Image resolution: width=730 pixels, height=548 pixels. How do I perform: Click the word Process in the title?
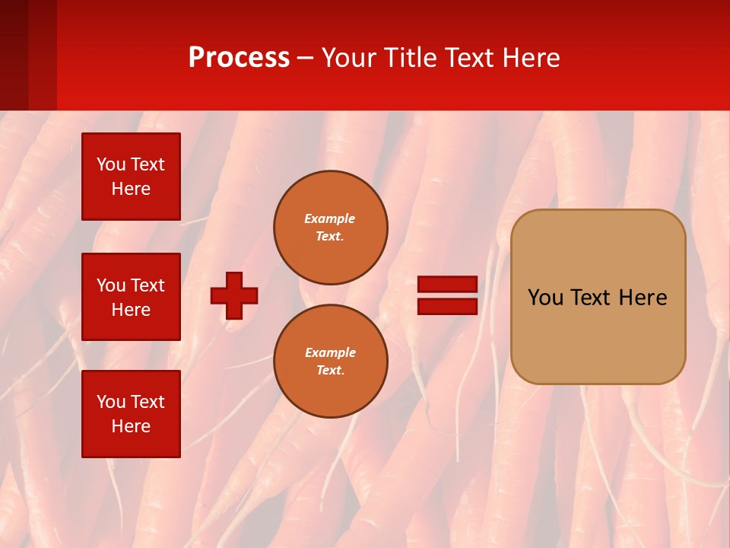239,58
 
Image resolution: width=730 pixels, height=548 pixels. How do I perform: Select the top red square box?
131,177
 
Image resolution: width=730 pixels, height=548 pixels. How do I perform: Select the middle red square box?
131,297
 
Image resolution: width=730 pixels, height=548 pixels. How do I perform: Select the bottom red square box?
131,414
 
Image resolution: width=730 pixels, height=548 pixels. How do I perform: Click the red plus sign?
234,295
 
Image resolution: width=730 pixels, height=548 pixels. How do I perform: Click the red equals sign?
447,295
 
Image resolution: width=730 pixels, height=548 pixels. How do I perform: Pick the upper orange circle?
331,228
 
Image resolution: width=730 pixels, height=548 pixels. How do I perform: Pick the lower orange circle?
331,362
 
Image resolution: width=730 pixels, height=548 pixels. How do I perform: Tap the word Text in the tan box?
592,298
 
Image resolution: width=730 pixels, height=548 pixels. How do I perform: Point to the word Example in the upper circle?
330,218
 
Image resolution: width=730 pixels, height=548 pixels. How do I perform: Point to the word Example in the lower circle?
330,352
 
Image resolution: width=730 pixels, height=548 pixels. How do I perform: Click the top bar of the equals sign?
447,284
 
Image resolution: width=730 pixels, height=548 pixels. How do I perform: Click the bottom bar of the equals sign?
447,307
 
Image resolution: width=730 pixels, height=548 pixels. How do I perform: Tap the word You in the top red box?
111,164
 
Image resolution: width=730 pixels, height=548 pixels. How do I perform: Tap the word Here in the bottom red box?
131,426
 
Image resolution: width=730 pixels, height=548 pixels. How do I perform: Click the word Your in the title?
350,58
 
